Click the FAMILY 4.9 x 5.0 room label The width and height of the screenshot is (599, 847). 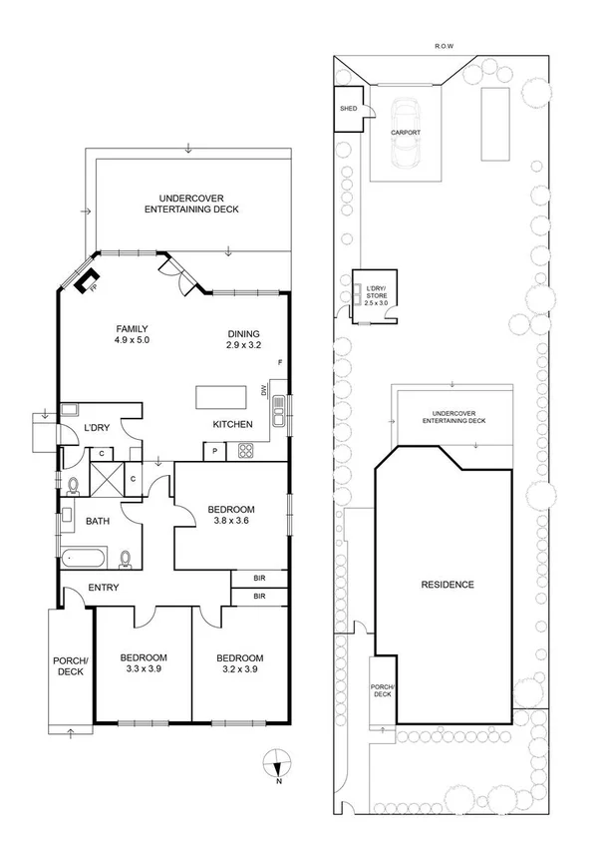pos(132,334)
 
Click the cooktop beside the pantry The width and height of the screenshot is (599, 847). pos(244,452)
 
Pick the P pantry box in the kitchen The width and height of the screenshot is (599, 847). pos(216,452)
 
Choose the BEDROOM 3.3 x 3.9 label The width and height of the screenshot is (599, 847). pos(144,663)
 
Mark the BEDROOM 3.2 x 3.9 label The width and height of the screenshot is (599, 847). pos(240,663)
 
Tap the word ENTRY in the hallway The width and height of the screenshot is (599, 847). pos(104,588)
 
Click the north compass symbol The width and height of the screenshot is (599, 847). pos(277,766)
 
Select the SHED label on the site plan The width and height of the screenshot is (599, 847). pos(348,108)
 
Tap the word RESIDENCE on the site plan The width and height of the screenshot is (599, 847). pos(447,585)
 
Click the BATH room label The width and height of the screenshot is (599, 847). pos(98,521)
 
